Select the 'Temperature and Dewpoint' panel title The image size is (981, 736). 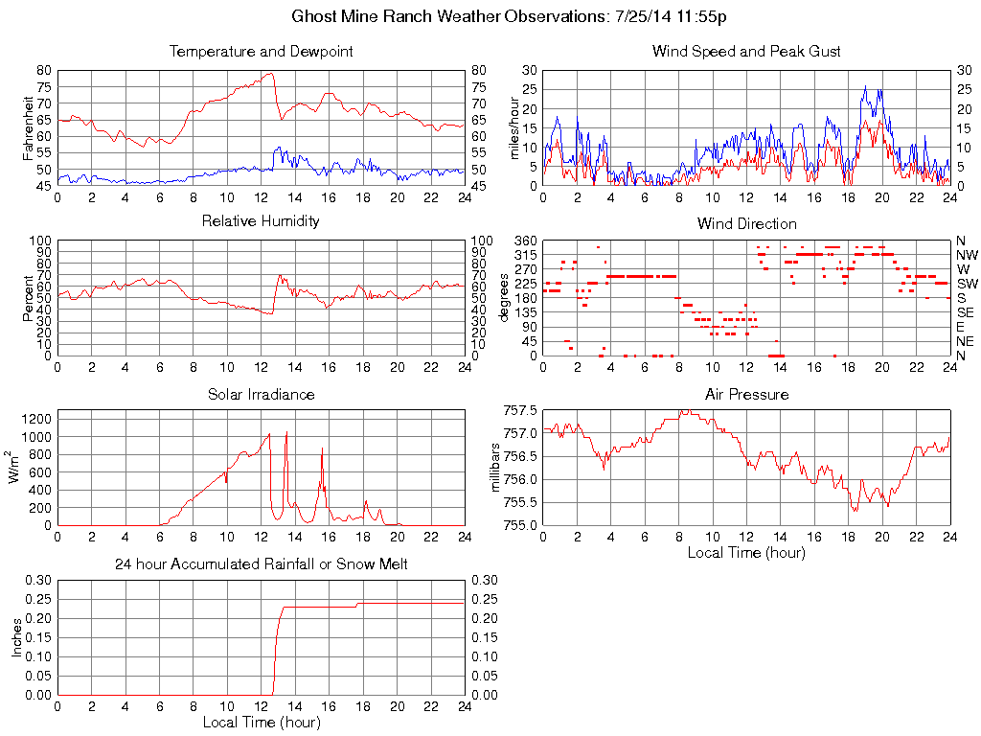[x=261, y=52]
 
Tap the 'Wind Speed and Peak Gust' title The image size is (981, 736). [x=746, y=52]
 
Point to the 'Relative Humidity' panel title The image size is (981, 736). [x=261, y=221]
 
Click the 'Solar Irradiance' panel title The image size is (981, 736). [x=261, y=394]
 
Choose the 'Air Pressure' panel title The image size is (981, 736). [x=746, y=394]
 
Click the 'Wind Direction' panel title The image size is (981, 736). [x=746, y=223]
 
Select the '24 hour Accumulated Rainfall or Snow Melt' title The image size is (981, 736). [x=261, y=564]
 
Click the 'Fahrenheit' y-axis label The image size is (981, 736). [x=30, y=127]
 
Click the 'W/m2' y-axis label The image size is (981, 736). [x=18, y=466]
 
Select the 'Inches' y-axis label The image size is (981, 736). [x=18, y=637]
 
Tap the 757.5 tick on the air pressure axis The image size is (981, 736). [x=520, y=410]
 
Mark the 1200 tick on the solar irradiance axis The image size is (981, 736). [x=37, y=418]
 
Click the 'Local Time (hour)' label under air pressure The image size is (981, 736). [x=746, y=552]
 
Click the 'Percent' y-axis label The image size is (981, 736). [x=30, y=297]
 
